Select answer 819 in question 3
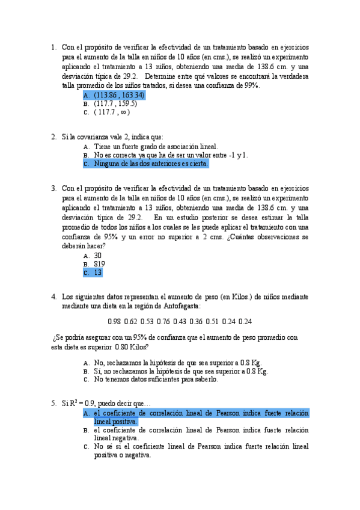click(99, 264)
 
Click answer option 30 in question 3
click(98, 255)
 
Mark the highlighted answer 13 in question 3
click(97, 272)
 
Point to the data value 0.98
click(114, 321)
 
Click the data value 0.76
click(163, 321)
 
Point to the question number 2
click(53, 137)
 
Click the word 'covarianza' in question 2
click(91, 137)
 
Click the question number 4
click(53, 296)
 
